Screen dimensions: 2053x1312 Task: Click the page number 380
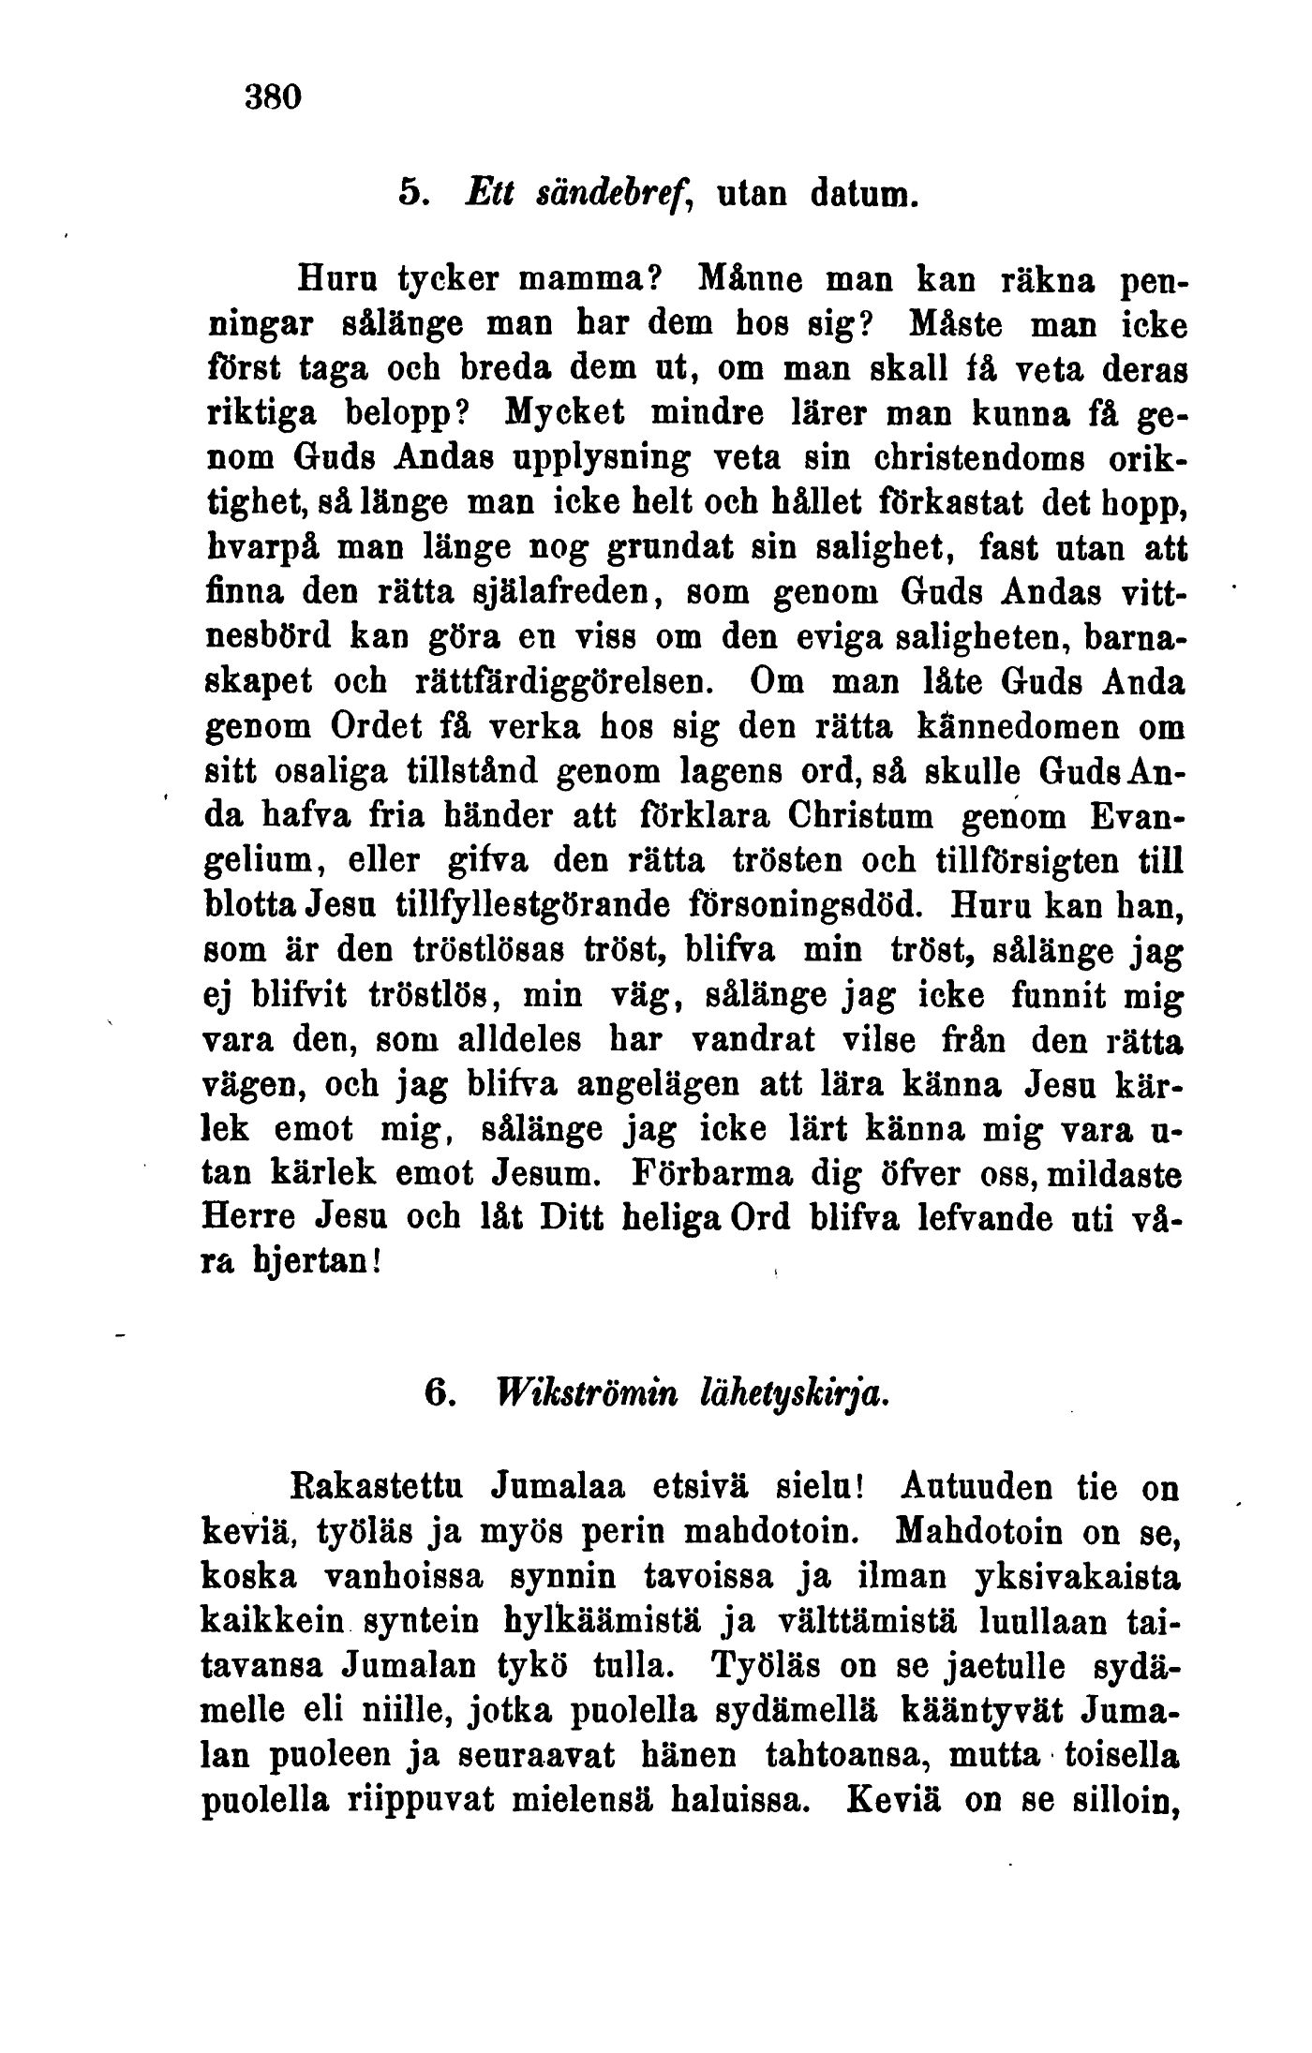pos(273,97)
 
